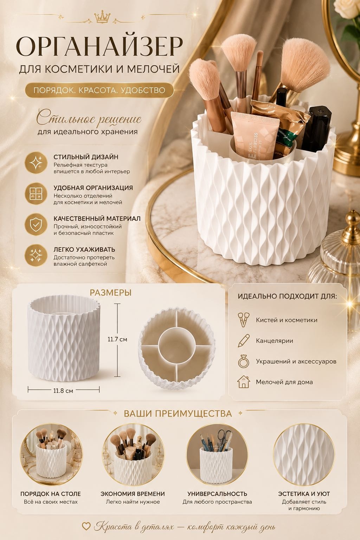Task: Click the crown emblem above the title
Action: click(x=102, y=17)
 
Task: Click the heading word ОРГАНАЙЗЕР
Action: click(x=99, y=46)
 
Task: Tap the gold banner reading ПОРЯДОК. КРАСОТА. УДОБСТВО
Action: click(x=99, y=90)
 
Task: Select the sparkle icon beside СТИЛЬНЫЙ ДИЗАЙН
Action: click(x=36, y=162)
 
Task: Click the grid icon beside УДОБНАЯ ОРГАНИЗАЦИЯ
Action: click(x=36, y=194)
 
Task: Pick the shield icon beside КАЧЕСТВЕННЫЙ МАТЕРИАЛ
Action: click(x=36, y=224)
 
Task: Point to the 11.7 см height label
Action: click(x=117, y=339)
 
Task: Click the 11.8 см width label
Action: click(x=63, y=391)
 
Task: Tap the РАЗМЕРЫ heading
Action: click(x=111, y=293)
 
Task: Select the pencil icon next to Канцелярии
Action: click(x=244, y=341)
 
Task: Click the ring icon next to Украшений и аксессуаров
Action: click(x=244, y=361)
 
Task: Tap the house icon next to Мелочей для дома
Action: click(x=244, y=382)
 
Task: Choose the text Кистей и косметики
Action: click(x=287, y=320)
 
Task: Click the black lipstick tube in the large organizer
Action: click(x=316, y=130)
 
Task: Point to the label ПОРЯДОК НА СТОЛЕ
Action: click(x=51, y=494)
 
